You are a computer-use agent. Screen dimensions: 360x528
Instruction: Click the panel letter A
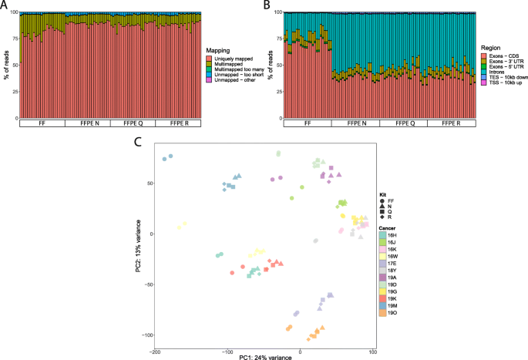pyautogui.click(x=6, y=6)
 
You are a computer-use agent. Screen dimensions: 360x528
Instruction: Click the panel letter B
pyautogui.click(x=266, y=6)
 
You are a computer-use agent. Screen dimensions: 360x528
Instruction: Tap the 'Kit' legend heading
pyautogui.click(x=383, y=194)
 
